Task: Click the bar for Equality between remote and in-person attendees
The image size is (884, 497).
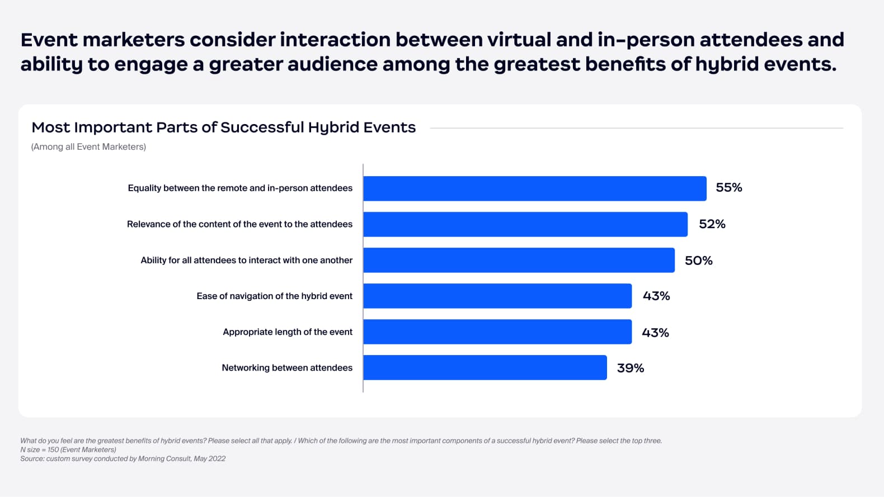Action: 535,188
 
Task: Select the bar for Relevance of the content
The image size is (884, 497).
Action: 525,224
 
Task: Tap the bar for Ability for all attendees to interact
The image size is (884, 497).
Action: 519,260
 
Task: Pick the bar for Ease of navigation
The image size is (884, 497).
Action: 497,296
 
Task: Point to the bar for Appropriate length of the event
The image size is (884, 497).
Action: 497,332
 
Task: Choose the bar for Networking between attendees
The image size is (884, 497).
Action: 485,367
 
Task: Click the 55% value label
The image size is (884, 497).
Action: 729,188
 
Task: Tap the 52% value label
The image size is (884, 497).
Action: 712,224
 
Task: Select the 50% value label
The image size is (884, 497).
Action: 699,261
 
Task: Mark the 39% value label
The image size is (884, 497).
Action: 631,368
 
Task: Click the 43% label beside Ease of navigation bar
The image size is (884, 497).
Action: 656,296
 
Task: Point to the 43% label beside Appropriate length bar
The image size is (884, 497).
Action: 655,333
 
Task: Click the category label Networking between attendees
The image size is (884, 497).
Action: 287,368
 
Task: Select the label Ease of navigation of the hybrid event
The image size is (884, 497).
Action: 274,296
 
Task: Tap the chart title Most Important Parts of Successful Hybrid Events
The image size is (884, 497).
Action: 223,127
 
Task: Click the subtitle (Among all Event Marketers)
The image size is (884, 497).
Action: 88,146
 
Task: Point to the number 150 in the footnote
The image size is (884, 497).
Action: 53,449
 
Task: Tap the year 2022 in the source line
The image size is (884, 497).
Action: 216,458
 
